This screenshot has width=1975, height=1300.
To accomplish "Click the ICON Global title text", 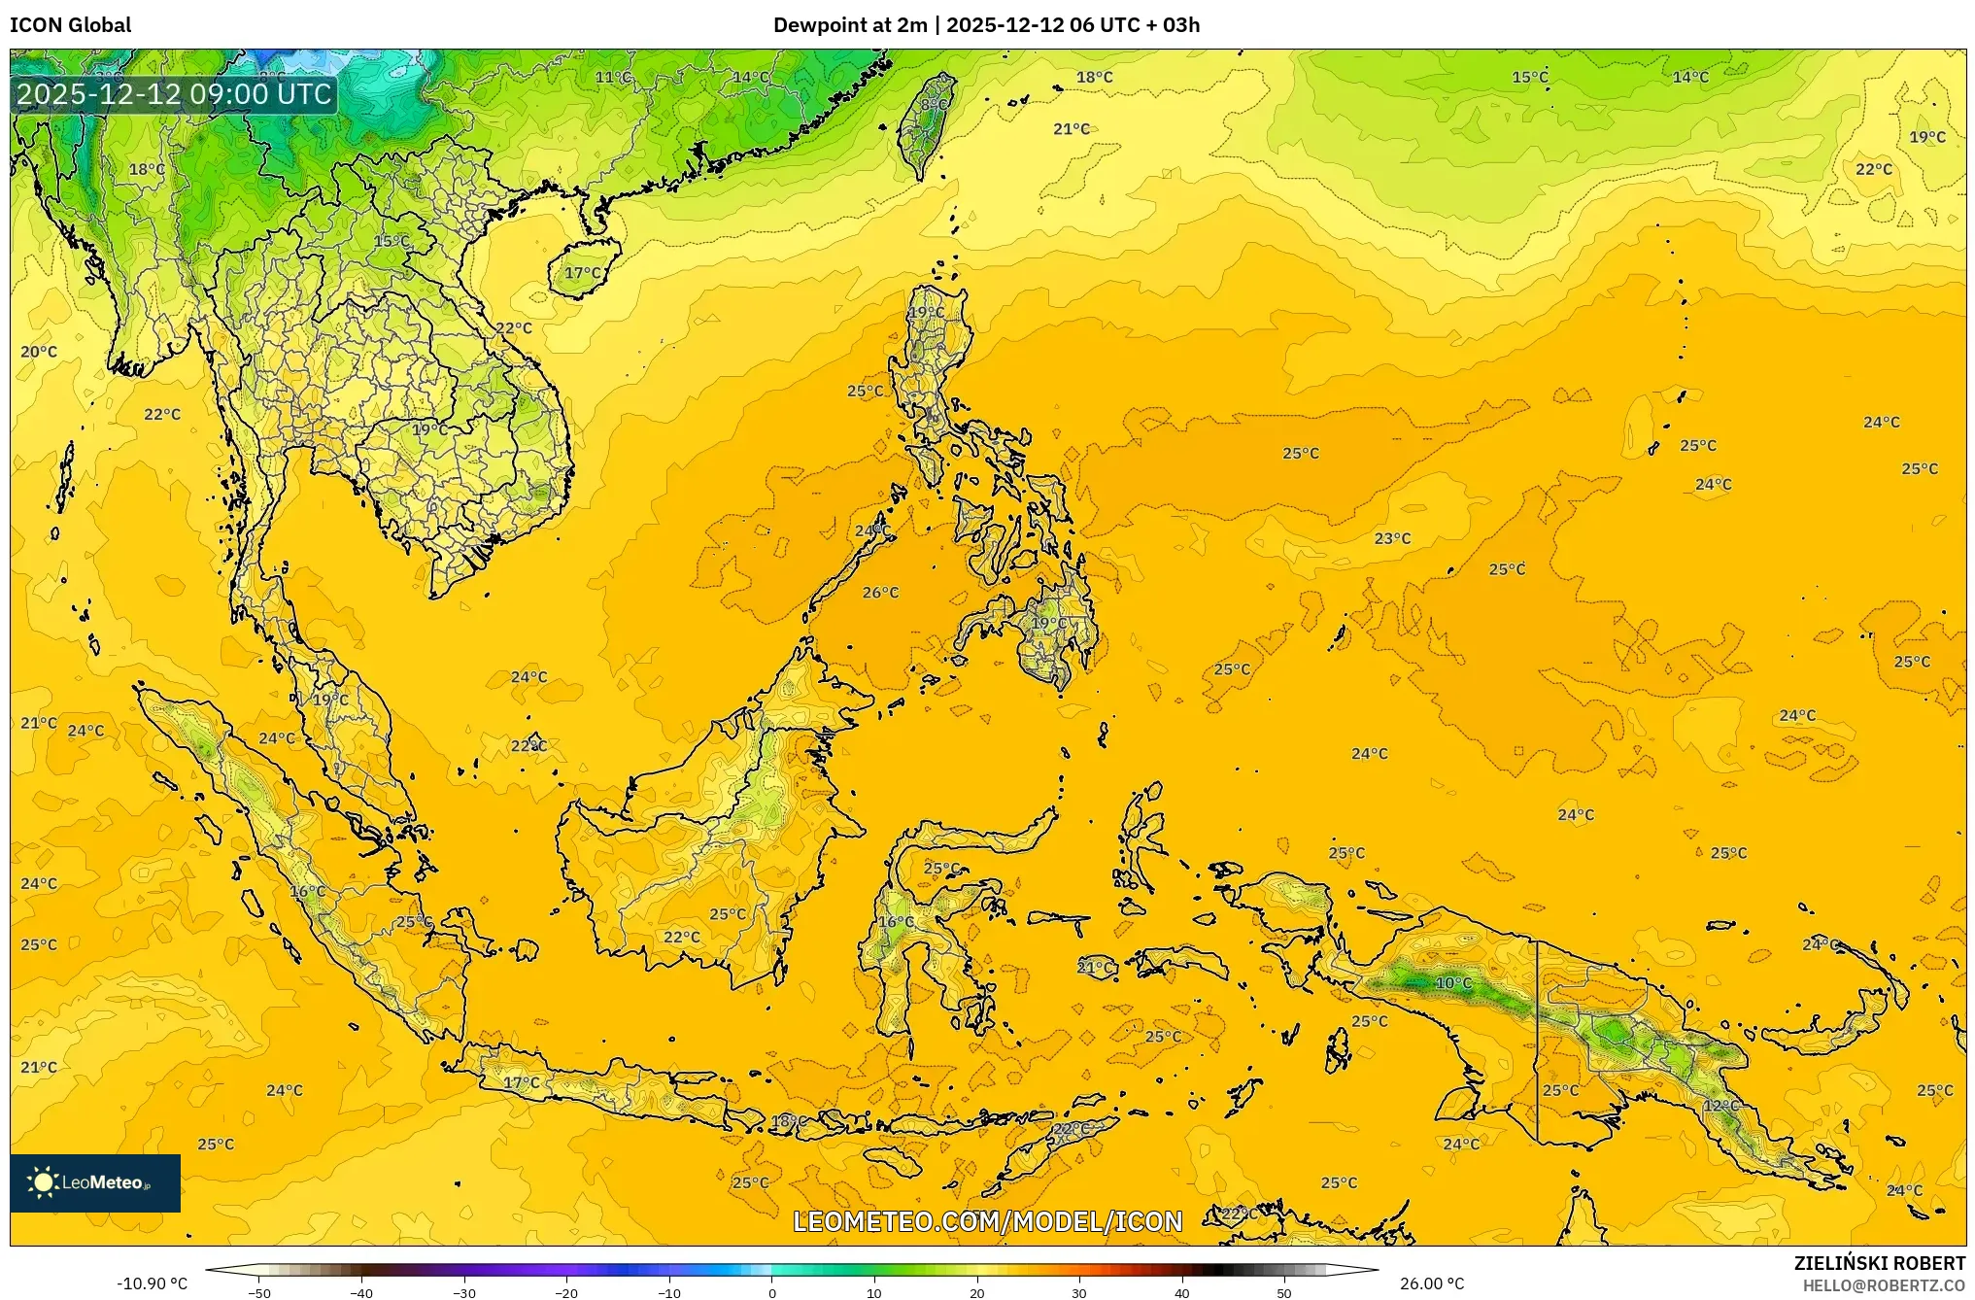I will (70, 25).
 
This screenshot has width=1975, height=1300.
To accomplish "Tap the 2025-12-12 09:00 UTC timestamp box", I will (175, 94).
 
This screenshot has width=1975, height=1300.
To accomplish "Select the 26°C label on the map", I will (880, 593).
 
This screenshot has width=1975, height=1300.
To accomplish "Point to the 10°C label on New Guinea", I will (1453, 983).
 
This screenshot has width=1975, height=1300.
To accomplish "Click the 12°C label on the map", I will (1720, 1106).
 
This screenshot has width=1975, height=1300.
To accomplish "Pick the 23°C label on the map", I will (1391, 538).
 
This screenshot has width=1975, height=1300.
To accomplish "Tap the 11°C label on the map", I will (613, 77).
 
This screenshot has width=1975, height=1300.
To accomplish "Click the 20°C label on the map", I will (39, 352).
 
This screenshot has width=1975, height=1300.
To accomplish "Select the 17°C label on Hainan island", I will (583, 273).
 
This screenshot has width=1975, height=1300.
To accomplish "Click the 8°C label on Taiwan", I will (934, 104).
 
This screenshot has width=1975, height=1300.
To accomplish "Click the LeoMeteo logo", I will (95, 1182).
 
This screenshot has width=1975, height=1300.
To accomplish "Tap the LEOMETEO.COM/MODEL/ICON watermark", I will (987, 1221).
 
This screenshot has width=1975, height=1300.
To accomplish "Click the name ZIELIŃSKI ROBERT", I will (1879, 1263).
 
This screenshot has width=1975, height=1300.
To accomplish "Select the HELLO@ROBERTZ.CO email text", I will (1884, 1285).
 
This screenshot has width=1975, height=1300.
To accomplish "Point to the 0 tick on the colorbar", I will (772, 1292).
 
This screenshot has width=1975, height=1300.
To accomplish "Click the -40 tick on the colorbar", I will (361, 1292).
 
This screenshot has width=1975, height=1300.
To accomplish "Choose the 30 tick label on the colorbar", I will (1079, 1292).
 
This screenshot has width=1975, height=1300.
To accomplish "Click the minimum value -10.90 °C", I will (153, 1283).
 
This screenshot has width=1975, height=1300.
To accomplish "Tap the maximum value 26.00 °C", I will (1431, 1283).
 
